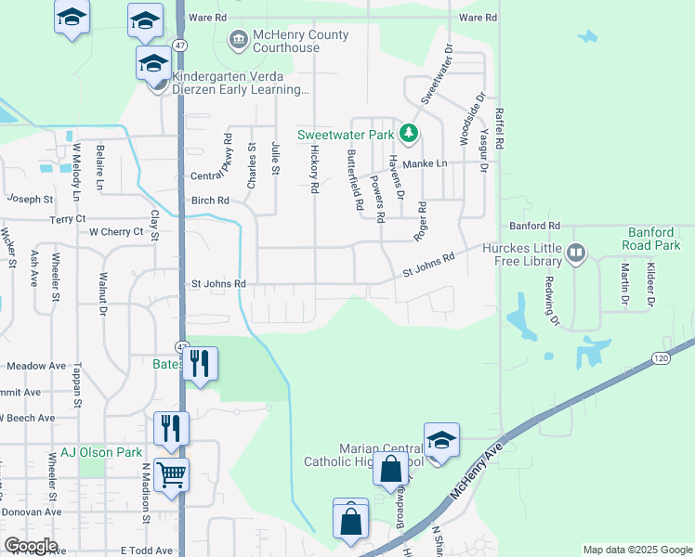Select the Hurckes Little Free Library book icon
coord(576,253)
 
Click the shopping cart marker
coord(172,475)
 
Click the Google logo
coord(31,546)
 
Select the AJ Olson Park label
coord(102,453)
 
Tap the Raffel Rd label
coord(499,129)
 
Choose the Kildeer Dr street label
coord(651,284)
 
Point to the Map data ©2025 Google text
coord(636,550)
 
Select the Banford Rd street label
coord(535,226)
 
